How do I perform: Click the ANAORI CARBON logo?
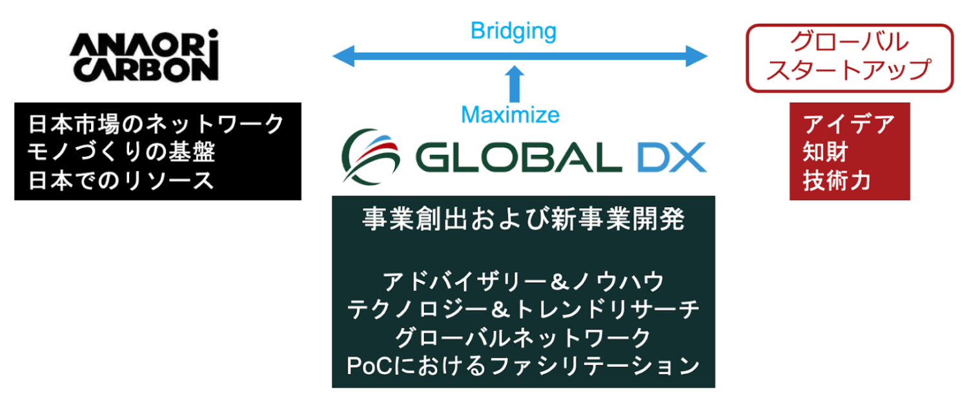pyautogui.click(x=143, y=56)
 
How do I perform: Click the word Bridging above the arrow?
pyautogui.click(x=513, y=30)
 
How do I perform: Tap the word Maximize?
pyautogui.click(x=510, y=115)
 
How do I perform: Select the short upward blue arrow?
pyautogui.click(x=515, y=83)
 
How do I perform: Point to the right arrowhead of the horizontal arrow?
pyautogui.click(x=697, y=56)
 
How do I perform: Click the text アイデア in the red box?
pyautogui.click(x=848, y=124)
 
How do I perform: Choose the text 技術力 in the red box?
pyautogui.click(x=837, y=181)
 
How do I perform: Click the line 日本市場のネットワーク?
pyautogui.click(x=156, y=124)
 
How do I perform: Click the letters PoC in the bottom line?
pyautogui.click(x=367, y=366)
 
